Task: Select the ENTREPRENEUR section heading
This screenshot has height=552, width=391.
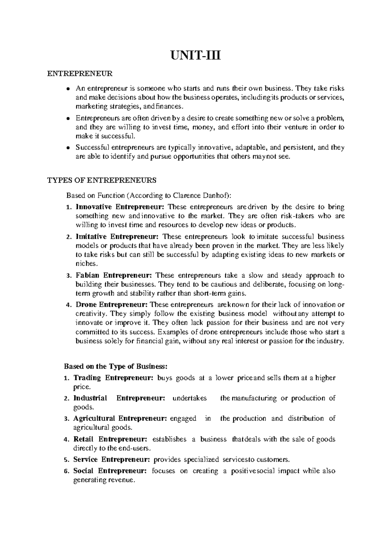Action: (80, 74)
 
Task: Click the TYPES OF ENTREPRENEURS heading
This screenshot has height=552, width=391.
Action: (102, 180)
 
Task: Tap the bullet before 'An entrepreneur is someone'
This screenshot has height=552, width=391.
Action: (68, 89)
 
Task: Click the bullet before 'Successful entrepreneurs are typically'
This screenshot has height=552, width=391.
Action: (68, 148)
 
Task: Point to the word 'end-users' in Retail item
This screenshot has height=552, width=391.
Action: (136, 448)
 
